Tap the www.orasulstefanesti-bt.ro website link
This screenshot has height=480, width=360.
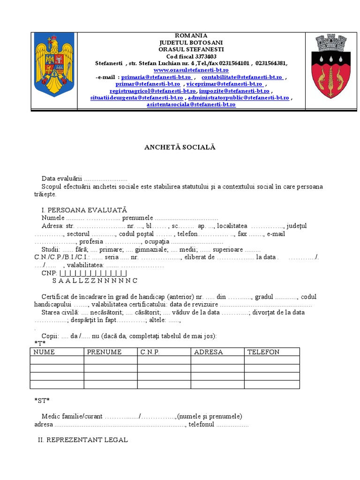[191, 70]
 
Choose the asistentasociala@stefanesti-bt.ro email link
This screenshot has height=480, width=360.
[191, 105]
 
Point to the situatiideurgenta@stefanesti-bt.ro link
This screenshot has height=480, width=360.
[137, 97]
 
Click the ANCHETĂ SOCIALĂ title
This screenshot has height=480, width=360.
[180, 147]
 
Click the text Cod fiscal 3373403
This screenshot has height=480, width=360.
[191, 56]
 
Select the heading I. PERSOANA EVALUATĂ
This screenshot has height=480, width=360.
[84, 210]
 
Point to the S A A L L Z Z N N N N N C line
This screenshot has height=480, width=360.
[95, 280]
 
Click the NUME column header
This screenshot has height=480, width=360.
[44, 352]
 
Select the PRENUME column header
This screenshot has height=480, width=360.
[104, 352]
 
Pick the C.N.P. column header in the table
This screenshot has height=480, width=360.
[150, 352]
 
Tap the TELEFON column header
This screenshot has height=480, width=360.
[263, 352]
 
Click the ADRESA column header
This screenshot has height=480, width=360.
[208, 352]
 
